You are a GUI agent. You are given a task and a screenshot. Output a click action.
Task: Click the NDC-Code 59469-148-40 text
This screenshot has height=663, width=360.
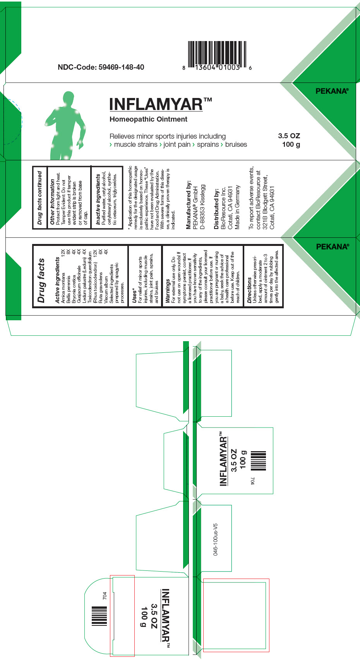coord(101,67)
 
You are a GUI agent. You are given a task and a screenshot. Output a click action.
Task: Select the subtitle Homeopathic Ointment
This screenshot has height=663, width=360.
coord(148,119)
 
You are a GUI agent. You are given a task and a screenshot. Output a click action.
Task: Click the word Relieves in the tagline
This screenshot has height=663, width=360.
coord(122,136)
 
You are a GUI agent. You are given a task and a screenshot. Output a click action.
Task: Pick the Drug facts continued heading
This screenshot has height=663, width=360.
coord(39,198)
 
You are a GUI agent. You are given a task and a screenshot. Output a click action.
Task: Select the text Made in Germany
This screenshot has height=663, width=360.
coord(237,207)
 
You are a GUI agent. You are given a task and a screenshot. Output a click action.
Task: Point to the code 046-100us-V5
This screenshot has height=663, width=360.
coord(216,539)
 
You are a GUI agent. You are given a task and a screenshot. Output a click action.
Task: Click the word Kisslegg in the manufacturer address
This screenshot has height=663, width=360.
coord(202,196)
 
